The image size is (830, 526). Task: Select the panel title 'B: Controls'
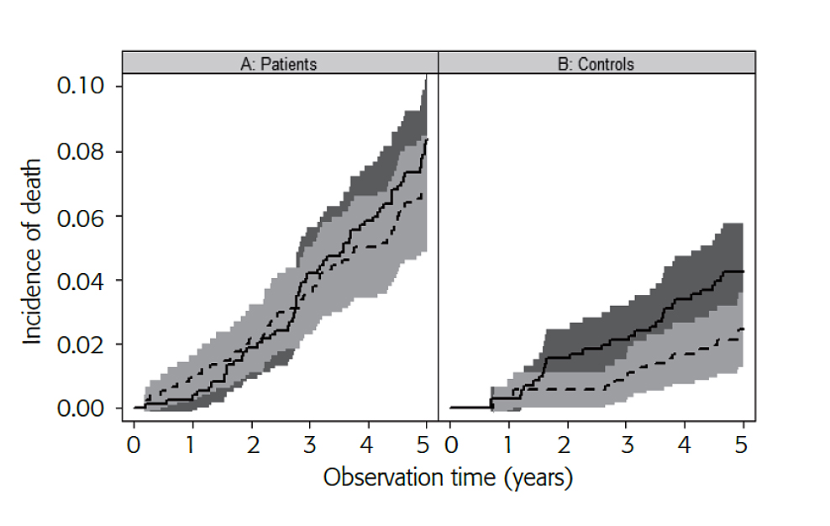(596, 64)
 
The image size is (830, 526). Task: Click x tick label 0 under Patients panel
(134, 443)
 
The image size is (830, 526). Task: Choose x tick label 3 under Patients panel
(309, 443)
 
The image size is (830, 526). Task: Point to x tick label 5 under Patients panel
(425, 443)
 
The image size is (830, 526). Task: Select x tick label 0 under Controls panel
(451, 443)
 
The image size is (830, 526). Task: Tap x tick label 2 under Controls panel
(568, 443)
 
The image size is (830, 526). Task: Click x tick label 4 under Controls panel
(685, 443)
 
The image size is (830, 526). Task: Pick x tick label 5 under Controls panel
(743, 443)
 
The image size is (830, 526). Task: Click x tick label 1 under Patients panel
(192, 443)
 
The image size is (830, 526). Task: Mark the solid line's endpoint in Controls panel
(743, 271)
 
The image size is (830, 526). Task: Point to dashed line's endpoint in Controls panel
(743, 329)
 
